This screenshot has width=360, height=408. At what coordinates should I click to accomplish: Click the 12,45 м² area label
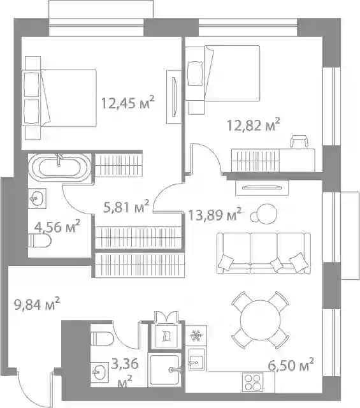click(x=127, y=102)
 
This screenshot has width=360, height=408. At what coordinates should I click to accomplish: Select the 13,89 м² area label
click(x=215, y=214)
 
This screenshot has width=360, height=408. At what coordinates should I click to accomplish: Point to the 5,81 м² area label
click(x=126, y=207)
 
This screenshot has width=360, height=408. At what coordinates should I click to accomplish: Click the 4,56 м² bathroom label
click(x=57, y=226)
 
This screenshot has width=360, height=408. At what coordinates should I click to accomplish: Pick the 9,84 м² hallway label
click(x=37, y=303)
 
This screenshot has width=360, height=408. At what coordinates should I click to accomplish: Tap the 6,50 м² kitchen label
click(x=291, y=365)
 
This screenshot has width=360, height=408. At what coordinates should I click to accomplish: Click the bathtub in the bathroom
click(x=59, y=167)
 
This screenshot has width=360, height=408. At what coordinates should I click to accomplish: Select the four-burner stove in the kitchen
click(x=252, y=382)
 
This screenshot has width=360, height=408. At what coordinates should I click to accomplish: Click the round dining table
click(x=260, y=320)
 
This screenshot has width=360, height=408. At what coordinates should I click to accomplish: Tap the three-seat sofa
click(x=264, y=253)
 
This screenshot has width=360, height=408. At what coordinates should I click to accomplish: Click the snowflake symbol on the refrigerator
click(x=196, y=335)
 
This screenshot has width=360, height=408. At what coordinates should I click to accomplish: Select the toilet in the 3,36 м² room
click(x=102, y=339)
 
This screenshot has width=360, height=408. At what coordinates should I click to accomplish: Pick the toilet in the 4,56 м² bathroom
click(x=40, y=240)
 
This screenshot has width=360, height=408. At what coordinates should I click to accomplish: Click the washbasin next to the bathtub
click(x=37, y=198)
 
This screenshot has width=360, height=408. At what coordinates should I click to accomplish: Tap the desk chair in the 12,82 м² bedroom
click(x=299, y=142)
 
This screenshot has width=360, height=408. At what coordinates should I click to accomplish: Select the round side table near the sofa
click(x=266, y=214)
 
